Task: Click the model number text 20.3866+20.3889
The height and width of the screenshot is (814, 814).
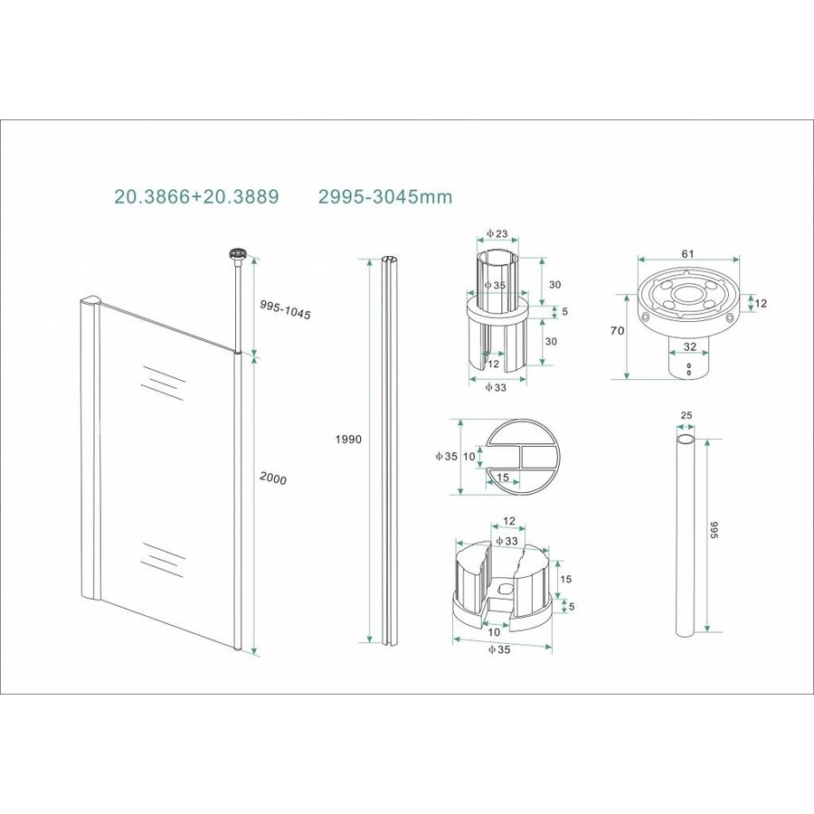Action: click(196, 195)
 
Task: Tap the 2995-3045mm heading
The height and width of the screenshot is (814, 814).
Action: click(385, 195)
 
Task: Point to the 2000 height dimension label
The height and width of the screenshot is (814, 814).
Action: click(271, 479)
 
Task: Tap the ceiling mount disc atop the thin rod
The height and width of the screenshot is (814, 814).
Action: click(241, 256)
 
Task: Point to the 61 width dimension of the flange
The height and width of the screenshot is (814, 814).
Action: click(687, 254)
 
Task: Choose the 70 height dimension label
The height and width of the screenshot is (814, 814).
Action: click(618, 331)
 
